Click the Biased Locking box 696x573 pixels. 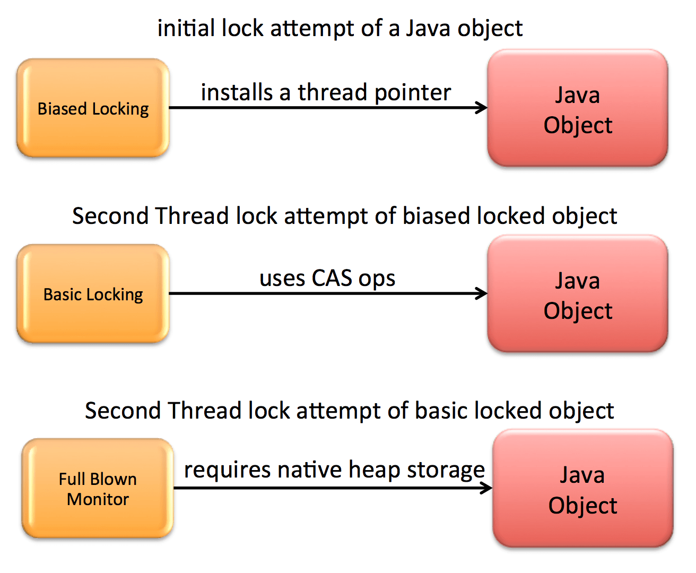click(93, 108)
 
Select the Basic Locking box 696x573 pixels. click(93, 293)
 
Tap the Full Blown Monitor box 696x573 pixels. click(98, 488)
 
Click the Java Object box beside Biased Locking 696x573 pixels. click(578, 109)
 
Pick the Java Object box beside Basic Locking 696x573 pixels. click(578, 294)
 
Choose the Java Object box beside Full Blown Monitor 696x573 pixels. click(582, 489)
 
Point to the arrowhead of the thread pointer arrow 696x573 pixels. click(482, 108)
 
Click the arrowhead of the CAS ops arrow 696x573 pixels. click(482, 293)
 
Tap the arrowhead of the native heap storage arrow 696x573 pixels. click(487, 488)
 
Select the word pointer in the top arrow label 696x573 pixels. click(412, 93)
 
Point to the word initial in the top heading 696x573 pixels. click(186, 28)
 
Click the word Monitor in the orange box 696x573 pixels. click(98, 499)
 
